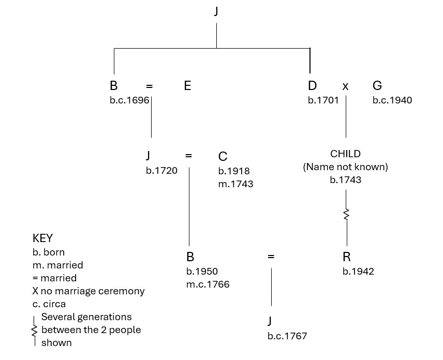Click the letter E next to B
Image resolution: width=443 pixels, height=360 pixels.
point(187,86)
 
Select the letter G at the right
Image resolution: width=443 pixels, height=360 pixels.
point(377,86)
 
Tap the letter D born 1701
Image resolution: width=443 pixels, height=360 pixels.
point(312,86)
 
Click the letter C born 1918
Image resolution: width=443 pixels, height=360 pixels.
point(223,157)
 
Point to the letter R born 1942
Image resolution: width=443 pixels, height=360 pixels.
point(346,257)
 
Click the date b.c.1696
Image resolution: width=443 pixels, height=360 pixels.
point(129,100)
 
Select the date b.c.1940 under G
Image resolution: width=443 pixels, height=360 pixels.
point(392,100)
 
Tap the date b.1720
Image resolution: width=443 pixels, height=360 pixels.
point(161,171)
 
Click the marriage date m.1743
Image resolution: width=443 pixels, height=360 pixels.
point(235,184)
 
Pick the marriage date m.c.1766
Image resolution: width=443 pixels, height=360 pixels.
point(208,284)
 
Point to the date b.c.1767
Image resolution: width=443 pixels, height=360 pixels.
point(287,336)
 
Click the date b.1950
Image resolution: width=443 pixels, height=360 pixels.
point(202,272)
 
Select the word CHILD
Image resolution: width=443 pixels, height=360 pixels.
point(345,154)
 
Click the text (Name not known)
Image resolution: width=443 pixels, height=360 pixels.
point(345,167)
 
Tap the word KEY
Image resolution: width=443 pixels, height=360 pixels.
point(42,238)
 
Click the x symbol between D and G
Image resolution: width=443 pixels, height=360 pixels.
point(345,87)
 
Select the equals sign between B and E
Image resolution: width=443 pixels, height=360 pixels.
point(149,86)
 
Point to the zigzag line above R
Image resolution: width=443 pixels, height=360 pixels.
point(346,214)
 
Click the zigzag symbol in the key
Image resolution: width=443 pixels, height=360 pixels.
point(35,329)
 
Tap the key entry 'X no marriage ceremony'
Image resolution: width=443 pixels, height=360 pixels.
point(88,291)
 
